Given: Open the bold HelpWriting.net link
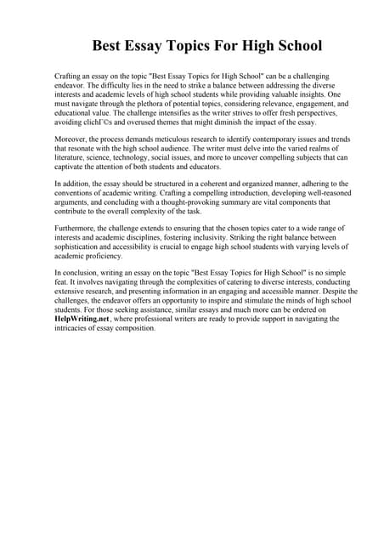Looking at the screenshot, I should (x=82, y=320).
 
